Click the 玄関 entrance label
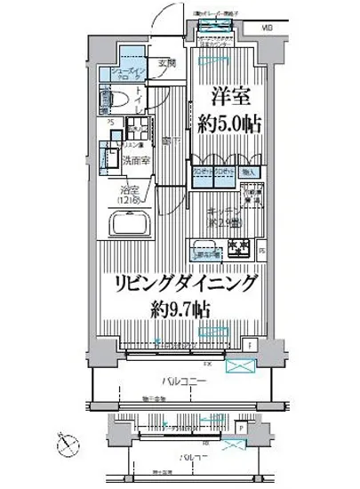point(167,64)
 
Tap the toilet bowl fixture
point(118,99)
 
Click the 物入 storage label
point(248,172)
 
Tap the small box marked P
point(243,425)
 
